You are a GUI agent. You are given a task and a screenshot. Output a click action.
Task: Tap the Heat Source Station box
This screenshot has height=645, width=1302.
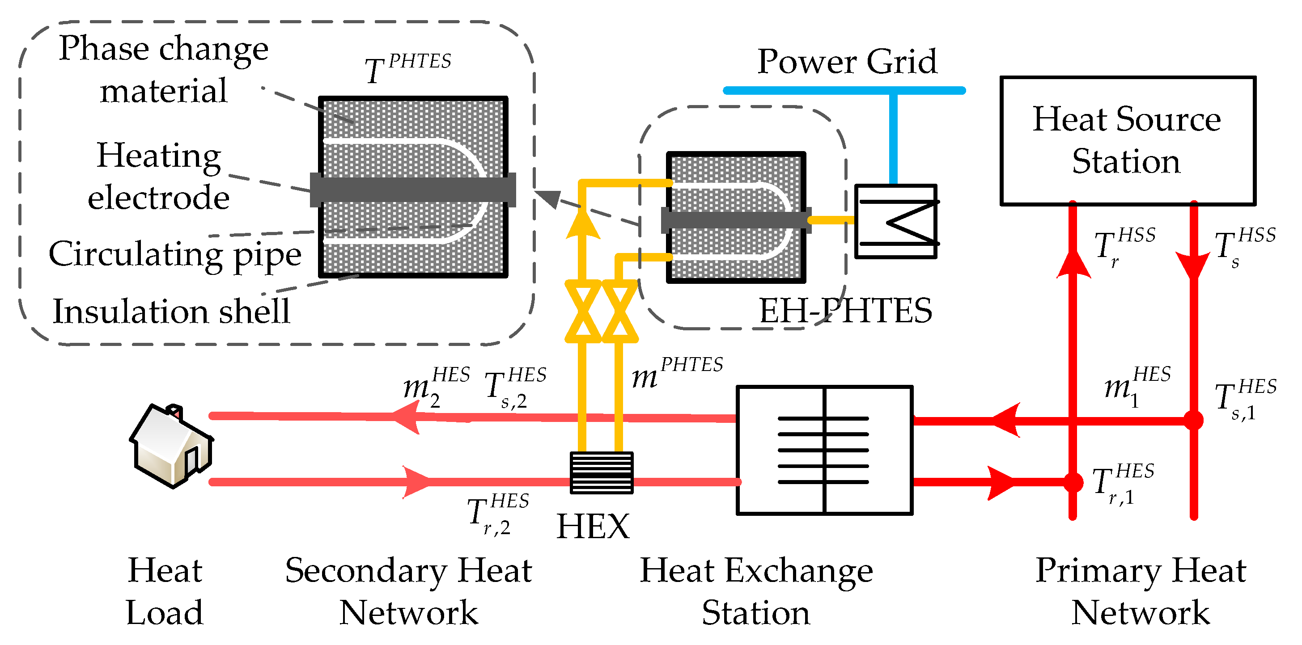click(x=1128, y=140)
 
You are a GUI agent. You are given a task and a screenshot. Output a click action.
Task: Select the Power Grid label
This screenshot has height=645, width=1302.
click(x=847, y=62)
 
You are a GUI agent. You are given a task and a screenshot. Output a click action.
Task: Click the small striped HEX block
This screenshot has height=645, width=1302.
click(x=601, y=472)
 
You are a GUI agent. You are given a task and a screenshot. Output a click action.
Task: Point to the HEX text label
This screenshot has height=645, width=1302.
click(x=593, y=526)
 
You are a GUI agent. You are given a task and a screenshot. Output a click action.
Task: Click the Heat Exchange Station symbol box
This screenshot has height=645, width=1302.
click(x=824, y=450)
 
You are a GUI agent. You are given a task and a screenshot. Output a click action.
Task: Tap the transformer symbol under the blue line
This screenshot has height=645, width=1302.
click(x=895, y=221)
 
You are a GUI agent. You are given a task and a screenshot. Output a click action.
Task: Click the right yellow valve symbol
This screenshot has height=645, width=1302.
click(x=619, y=311)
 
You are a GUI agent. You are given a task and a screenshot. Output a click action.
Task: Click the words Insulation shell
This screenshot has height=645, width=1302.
click(x=171, y=311)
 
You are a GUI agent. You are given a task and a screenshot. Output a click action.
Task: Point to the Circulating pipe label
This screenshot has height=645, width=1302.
click(x=175, y=254)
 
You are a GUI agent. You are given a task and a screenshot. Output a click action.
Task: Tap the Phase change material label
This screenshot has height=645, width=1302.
click(x=163, y=69)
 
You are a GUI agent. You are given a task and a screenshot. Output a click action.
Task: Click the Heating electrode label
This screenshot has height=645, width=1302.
click(x=159, y=176)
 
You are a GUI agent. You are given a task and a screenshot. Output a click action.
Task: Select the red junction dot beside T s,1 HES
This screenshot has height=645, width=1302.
click(x=1193, y=420)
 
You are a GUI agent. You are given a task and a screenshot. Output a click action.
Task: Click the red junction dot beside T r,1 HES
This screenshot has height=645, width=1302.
click(x=1073, y=482)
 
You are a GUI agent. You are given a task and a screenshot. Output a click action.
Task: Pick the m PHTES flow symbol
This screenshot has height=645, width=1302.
click(x=677, y=373)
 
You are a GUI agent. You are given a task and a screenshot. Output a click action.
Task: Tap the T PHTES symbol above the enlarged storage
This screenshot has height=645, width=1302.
click(x=407, y=68)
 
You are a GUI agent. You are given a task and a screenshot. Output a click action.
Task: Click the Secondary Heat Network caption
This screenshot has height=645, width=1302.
click(x=408, y=591)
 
